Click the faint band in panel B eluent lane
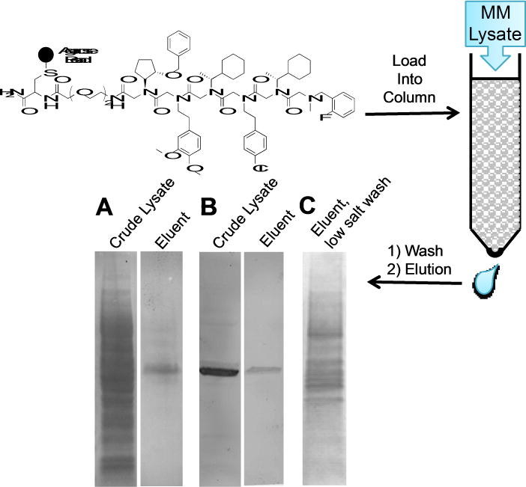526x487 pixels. coord(262,370)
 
